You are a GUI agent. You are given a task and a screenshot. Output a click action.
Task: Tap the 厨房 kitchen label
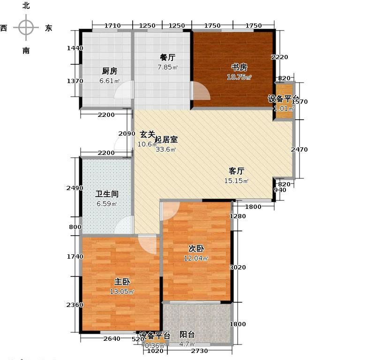(109, 71)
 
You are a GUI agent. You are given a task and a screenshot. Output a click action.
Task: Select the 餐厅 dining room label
(167, 58)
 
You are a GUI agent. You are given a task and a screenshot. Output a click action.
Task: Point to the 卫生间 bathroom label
(107, 194)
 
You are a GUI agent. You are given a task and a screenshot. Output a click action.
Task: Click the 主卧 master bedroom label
(122, 282)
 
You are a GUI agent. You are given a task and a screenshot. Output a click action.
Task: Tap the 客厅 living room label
(236, 171)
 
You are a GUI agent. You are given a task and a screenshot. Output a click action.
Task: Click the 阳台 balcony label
(187, 335)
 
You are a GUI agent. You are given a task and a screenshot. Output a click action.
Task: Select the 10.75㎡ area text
(240, 77)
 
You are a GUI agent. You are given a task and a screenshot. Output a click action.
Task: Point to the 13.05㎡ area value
(121, 291)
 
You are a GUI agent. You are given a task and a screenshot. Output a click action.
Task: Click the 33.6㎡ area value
(165, 150)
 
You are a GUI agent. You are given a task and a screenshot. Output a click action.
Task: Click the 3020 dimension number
(238, 268)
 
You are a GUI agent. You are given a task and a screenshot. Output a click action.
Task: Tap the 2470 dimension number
(299, 150)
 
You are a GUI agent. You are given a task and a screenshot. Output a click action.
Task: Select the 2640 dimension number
(112, 339)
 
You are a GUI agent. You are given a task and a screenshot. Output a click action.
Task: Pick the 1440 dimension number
(75, 48)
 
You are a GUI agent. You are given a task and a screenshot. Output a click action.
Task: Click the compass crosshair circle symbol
(26, 28)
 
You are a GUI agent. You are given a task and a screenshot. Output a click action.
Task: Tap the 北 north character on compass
(26, 6)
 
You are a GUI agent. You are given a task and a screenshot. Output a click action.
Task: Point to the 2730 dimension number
(200, 351)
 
